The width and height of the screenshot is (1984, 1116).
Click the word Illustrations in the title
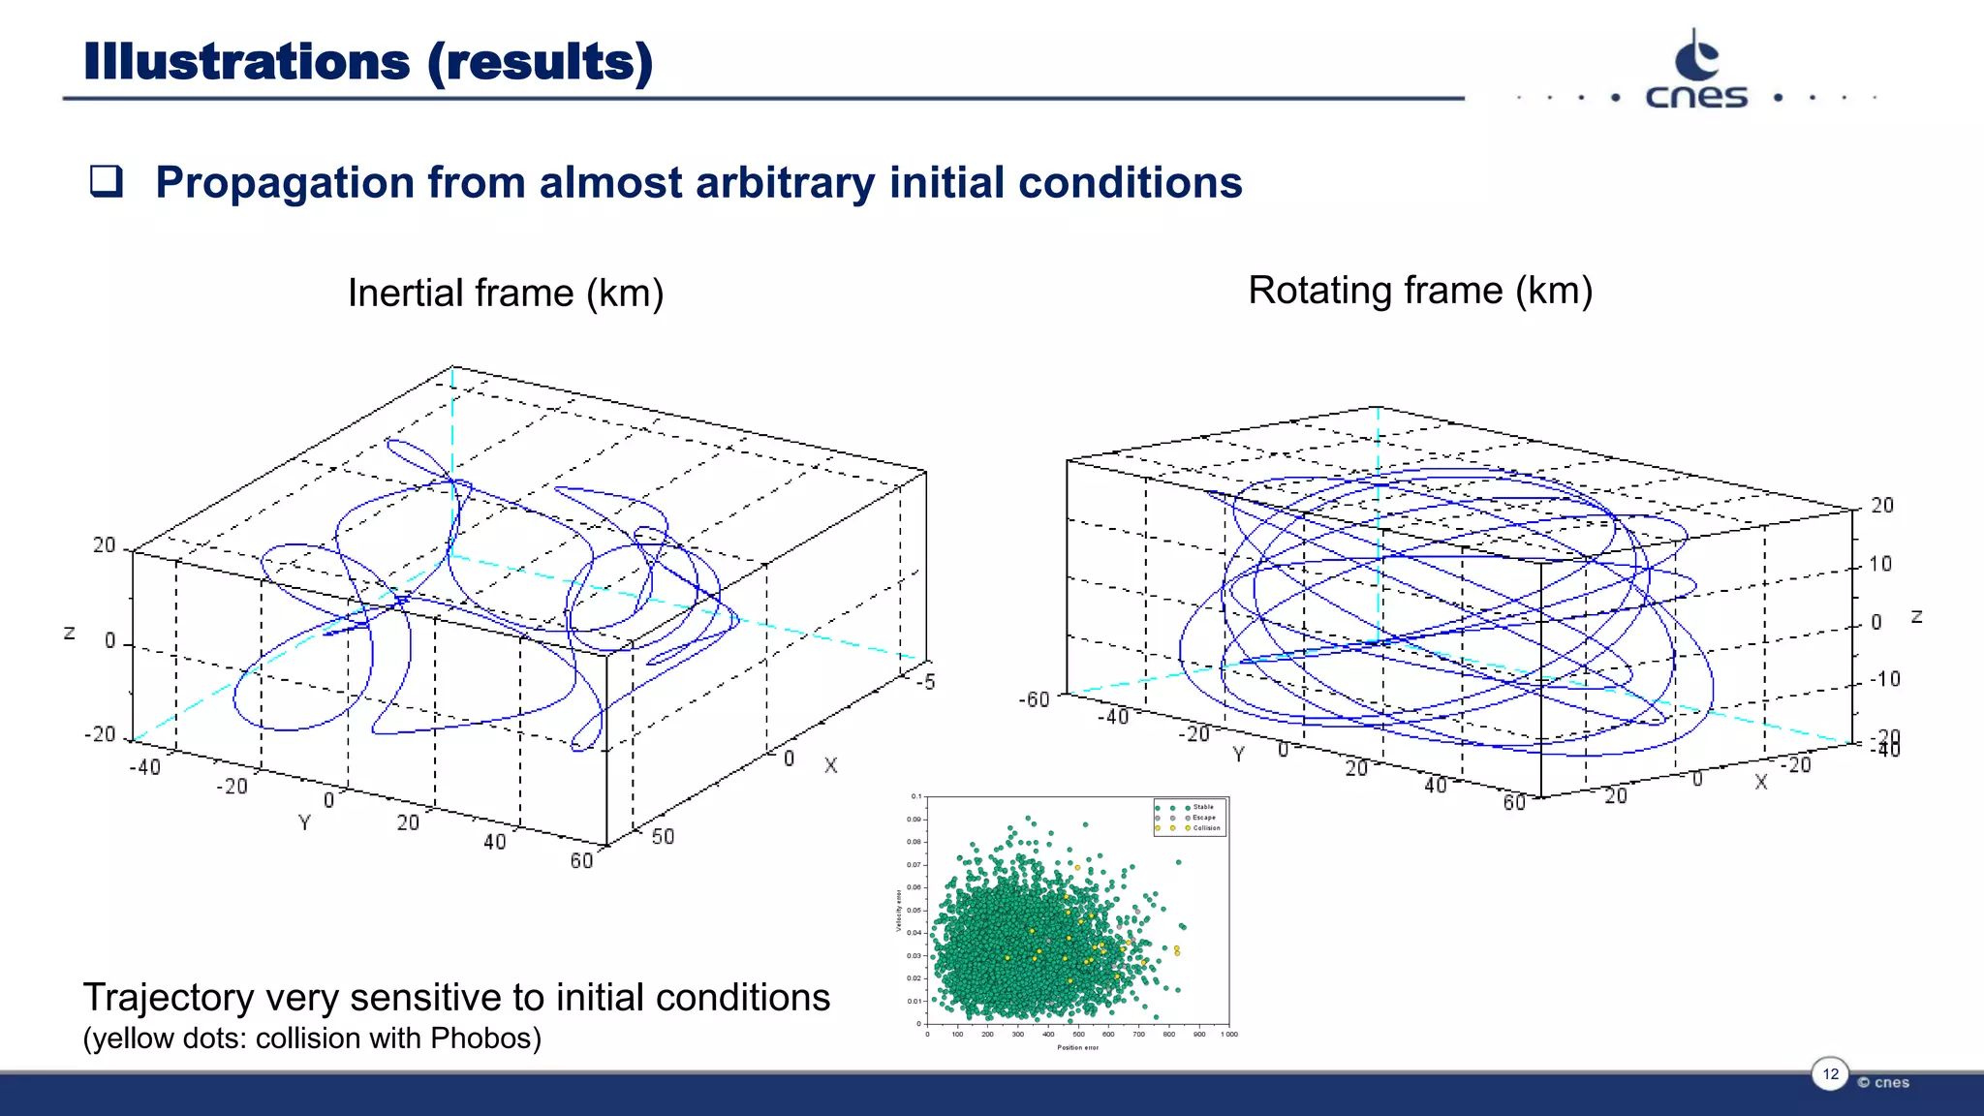click(247, 62)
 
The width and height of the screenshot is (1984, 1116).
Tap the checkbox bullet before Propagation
click(106, 181)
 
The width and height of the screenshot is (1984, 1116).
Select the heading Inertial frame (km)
click(505, 293)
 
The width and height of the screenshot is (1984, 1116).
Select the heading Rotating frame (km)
click(1419, 290)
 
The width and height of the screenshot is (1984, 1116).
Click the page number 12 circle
click(1830, 1073)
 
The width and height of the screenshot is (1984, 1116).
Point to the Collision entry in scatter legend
click(1206, 828)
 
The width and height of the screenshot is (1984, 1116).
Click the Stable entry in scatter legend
click(1203, 807)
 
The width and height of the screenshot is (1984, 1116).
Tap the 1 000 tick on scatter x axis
click(1228, 1035)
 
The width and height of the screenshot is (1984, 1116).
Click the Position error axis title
click(1077, 1047)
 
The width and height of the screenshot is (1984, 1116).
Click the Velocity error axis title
click(899, 911)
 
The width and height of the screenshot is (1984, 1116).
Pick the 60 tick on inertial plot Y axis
click(581, 860)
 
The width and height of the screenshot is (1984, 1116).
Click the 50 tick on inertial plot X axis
click(663, 836)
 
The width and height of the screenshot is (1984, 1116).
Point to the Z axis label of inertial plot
click(70, 633)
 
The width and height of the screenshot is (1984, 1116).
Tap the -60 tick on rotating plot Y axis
click(1034, 699)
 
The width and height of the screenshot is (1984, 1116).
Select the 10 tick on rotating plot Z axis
click(1879, 564)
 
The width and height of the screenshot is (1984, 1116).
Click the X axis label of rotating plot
click(1760, 782)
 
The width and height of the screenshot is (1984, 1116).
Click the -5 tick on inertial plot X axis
click(927, 682)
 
